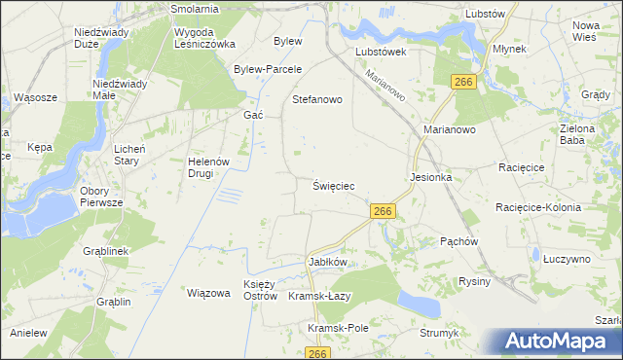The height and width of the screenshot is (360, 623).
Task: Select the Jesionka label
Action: pos(431,178)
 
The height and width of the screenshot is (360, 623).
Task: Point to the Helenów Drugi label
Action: pos(206,167)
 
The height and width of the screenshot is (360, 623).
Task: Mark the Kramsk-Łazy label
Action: pos(319,296)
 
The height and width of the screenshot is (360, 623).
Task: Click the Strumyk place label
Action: pos(439,333)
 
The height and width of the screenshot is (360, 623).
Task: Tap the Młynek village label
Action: pos(509,47)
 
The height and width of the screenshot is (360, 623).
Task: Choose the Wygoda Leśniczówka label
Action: pos(205,38)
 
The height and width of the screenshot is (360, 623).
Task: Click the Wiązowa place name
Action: pos(207,292)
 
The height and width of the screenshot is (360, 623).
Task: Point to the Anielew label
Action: pos(29,333)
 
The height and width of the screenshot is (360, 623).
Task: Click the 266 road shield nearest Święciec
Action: pos(383,211)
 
